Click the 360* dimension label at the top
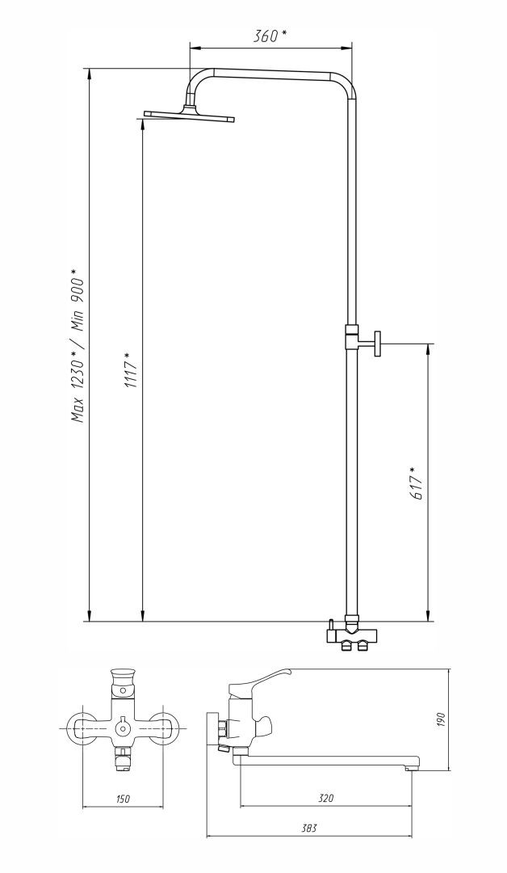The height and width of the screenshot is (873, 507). coord(270,36)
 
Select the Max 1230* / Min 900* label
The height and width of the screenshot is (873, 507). coord(78,345)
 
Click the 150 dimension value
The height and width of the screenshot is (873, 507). coord(124,799)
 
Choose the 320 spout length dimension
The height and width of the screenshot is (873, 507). coord(326,798)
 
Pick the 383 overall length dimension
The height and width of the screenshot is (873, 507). coord(309,828)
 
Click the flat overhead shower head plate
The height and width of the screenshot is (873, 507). coord(189,116)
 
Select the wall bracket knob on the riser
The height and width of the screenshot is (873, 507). coord(378,343)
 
